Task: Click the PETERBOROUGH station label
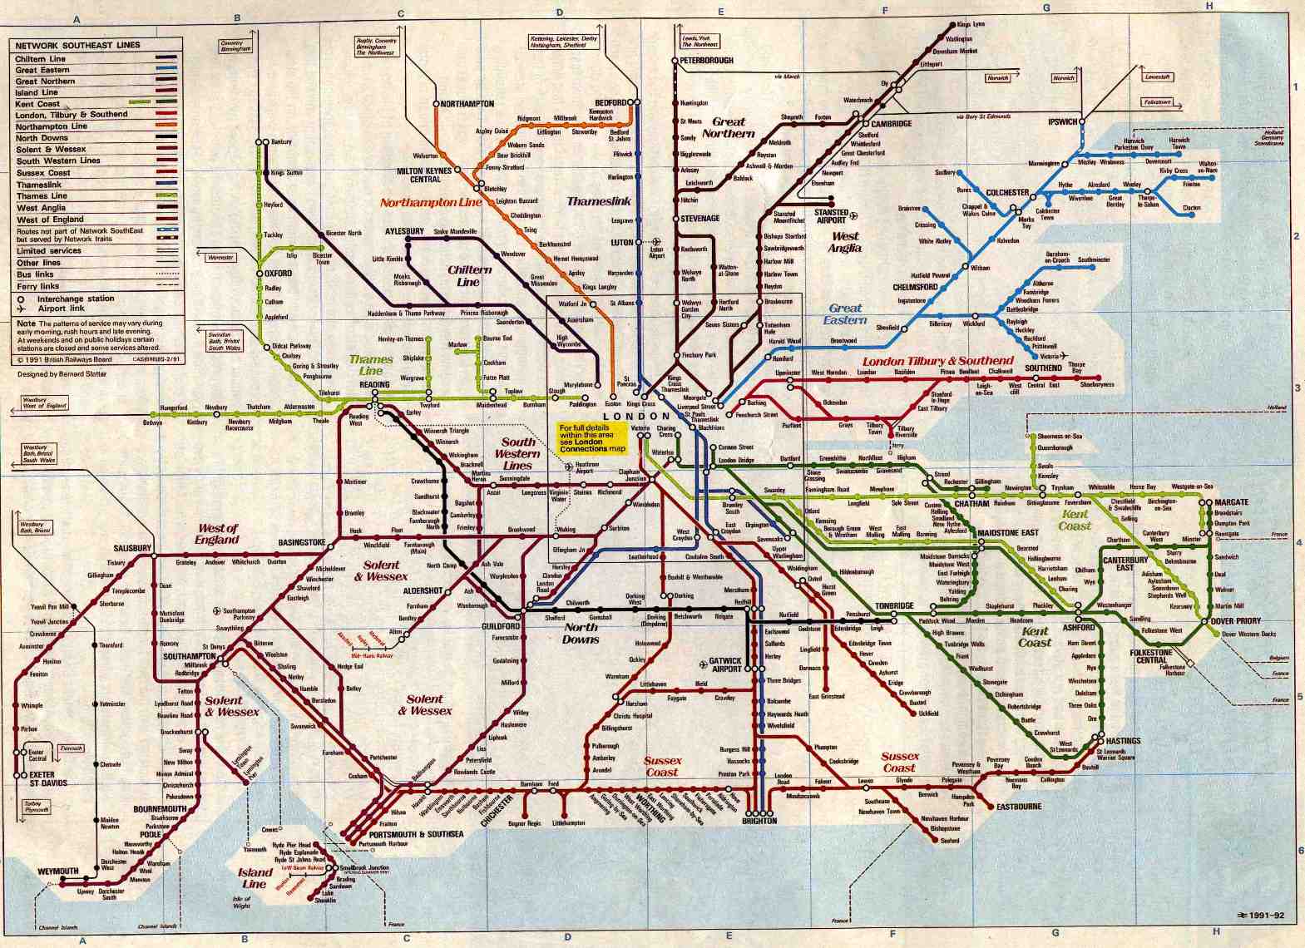[707, 61]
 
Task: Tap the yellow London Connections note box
[592, 438]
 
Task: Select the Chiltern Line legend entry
[41, 59]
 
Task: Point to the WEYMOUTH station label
[58, 871]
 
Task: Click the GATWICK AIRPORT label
[725, 665]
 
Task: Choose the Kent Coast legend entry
[37, 104]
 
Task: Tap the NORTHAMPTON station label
[467, 104]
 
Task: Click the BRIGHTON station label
[759, 821]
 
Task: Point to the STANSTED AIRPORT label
[832, 216]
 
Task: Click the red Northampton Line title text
[431, 202]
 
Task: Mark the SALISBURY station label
[132, 548]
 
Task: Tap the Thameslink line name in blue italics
[599, 201]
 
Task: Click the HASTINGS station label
[1123, 741]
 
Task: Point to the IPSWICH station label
[1062, 122]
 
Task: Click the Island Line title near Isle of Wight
[255, 878]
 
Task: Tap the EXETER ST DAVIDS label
[48, 779]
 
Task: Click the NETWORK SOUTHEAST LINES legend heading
[77, 46]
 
